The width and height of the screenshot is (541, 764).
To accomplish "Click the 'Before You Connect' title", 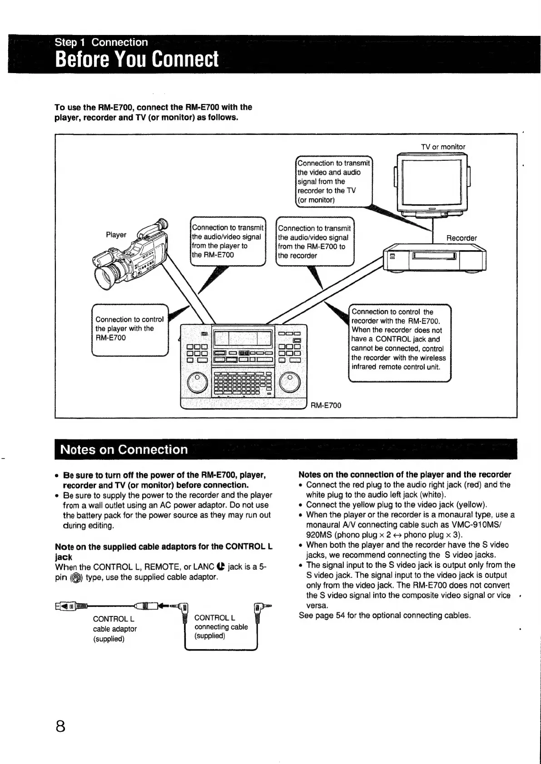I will tap(136, 60).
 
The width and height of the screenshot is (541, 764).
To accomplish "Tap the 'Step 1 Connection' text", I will tap(101, 42).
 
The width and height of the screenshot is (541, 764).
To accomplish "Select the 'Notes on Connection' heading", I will tap(124, 449).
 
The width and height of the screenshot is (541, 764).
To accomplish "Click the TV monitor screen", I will tap(432, 182).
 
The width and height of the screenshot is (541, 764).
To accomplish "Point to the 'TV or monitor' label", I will tap(443, 147).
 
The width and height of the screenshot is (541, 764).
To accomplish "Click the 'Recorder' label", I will tap(462, 238).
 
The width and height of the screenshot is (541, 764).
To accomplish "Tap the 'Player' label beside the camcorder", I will tap(116, 235).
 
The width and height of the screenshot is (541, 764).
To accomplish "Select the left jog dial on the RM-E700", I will tap(197, 382).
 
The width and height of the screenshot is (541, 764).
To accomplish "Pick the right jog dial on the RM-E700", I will tap(289, 382).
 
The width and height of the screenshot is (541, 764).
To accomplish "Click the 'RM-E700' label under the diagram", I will tap(326, 405).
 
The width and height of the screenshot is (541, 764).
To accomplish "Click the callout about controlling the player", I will tap(130, 330).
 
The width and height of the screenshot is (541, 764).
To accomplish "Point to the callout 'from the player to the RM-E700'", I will tap(228, 242).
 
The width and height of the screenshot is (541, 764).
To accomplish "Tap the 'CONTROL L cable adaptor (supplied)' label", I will tap(114, 629).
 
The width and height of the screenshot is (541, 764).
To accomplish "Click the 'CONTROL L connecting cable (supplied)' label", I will tap(221, 627).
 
